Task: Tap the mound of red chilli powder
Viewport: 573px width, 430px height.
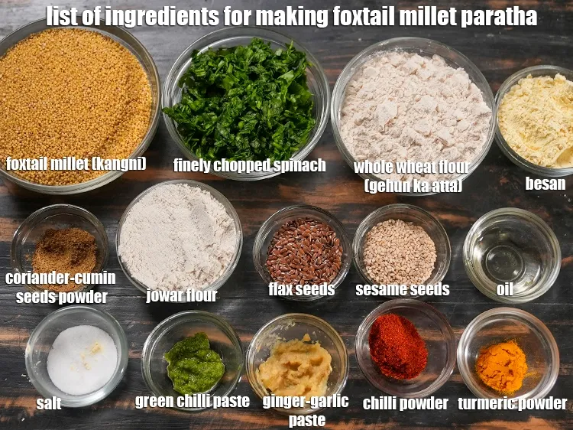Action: tap(397, 347)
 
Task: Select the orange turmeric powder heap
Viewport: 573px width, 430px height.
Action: tap(502, 366)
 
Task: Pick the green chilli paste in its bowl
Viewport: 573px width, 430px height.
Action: tap(194, 363)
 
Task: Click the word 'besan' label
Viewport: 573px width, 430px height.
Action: tap(545, 184)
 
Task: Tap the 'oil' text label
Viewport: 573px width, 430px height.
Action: tap(504, 289)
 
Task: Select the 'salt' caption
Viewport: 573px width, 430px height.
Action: tap(49, 402)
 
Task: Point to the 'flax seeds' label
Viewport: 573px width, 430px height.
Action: tap(301, 289)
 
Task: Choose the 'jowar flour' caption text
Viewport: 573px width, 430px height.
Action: tap(182, 295)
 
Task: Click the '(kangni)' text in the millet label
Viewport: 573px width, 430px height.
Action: tap(118, 164)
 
